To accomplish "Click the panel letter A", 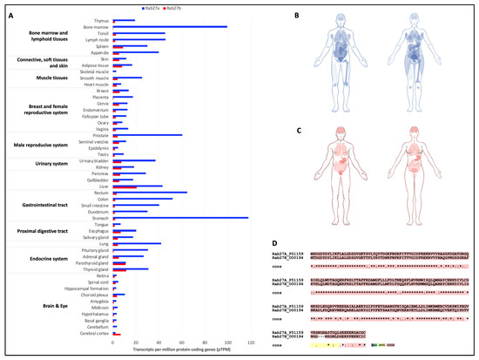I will tap(8, 8).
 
